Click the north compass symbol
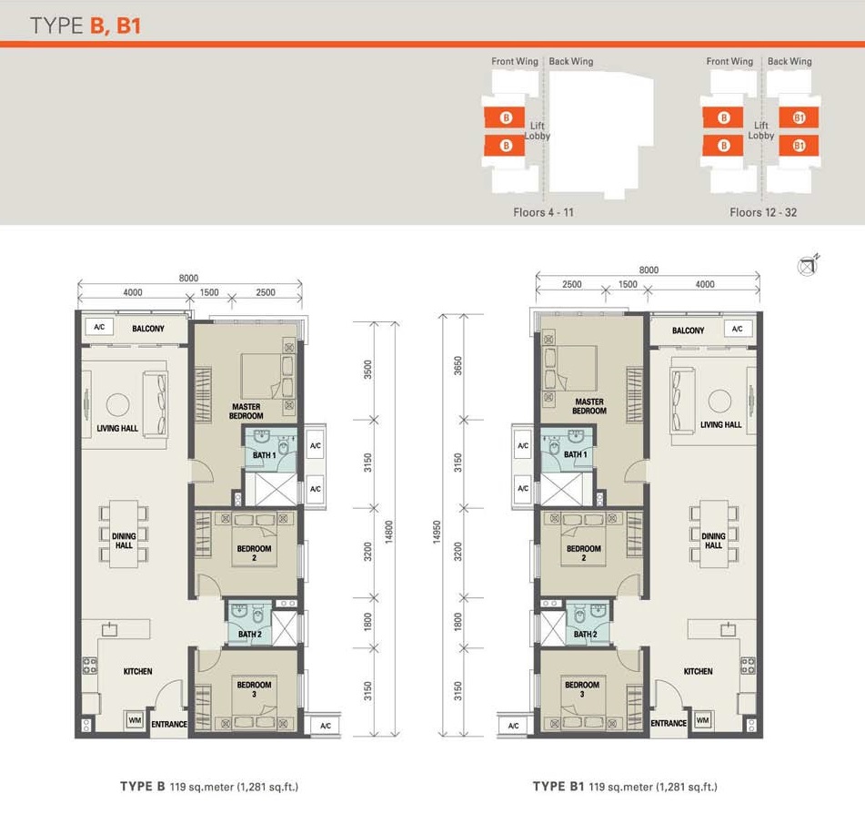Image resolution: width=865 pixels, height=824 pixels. click(x=808, y=266)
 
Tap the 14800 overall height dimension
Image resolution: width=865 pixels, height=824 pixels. click(x=389, y=532)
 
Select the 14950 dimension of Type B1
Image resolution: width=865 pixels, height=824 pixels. click(x=437, y=532)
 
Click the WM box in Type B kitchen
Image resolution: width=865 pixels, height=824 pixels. click(x=135, y=720)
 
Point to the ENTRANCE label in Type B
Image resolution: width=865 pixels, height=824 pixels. click(x=169, y=724)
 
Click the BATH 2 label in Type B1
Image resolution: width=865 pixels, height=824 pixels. click(x=586, y=634)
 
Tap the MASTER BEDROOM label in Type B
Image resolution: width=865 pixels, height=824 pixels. click(x=246, y=411)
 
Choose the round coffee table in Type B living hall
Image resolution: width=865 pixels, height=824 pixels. click(x=117, y=405)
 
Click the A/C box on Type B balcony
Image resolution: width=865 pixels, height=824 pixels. click(x=99, y=327)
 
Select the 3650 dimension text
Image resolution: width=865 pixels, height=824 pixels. click(x=458, y=366)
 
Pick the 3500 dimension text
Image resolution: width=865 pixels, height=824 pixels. click(x=368, y=370)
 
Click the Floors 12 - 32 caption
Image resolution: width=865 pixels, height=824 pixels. click(x=763, y=212)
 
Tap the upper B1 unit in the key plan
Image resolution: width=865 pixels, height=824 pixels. click(x=799, y=117)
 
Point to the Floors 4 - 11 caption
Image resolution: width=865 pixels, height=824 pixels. click(x=543, y=212)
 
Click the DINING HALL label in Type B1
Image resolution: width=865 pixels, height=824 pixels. click(x=713, y=541)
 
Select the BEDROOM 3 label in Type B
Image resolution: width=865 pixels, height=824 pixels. click(x=254, y=689)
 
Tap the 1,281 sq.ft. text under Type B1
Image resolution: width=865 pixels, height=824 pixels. click(x=686, y=787)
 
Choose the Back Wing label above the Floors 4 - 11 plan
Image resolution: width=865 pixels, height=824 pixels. click(x=571, y=61)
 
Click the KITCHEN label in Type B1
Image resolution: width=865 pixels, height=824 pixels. click(x=698, y=671)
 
